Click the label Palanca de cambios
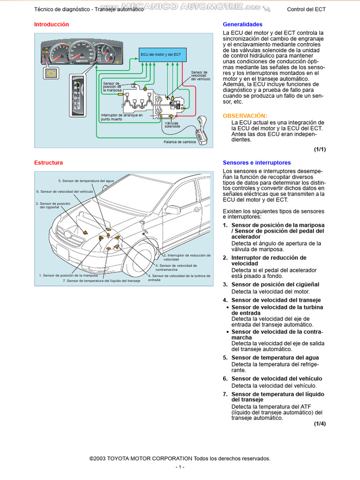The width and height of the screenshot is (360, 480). (x=180, y=142)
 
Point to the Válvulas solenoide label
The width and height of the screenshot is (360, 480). (x=172, y=124)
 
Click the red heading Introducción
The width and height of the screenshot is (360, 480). (x=52, y=24)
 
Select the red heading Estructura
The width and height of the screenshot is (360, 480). (x=48, y=163)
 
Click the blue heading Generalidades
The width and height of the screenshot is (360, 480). (x=242, y=24)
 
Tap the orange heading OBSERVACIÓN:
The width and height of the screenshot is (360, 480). (x=245, y=115)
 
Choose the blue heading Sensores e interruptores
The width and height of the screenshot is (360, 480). (x=256, y=163)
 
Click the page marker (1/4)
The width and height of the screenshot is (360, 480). (x=320, y=424)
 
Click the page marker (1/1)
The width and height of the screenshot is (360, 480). (x=320, y=150)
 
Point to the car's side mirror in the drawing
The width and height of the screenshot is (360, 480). (x=172, y=210)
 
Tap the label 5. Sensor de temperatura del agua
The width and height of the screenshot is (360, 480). (x=86, y=180)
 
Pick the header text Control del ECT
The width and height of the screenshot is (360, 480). (x=306, y=9)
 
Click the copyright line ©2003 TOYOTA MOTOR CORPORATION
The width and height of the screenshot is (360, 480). (x=180, y=458)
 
